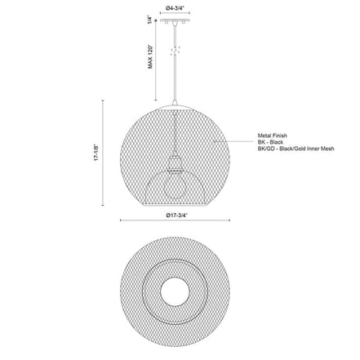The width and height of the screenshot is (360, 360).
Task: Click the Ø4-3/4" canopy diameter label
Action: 175,8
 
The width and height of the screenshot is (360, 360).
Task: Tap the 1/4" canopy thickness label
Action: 150,20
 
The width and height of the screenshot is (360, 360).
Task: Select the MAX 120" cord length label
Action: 150,56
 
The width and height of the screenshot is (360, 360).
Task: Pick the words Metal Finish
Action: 273,136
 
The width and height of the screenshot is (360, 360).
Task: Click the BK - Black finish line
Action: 270,142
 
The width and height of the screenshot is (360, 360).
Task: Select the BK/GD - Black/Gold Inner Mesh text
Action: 296,149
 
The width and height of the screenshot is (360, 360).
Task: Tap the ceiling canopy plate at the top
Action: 175,20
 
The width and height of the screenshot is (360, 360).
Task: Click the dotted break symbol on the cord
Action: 175,51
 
